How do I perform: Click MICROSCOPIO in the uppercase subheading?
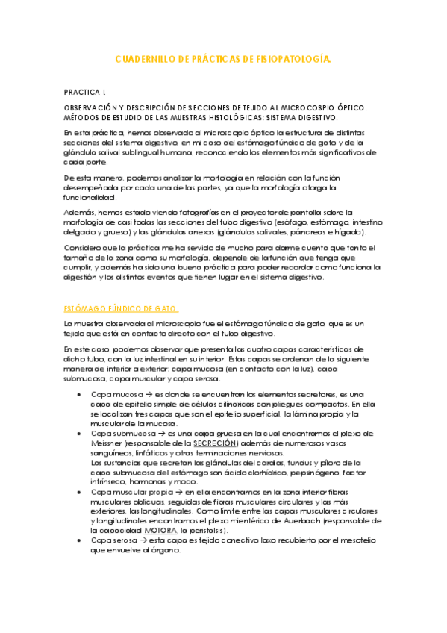click(296, 108)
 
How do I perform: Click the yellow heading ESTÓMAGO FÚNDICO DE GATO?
click(121, 309)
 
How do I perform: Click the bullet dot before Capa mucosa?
click(79, 393)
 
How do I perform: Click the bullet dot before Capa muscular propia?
click(79, 492)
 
